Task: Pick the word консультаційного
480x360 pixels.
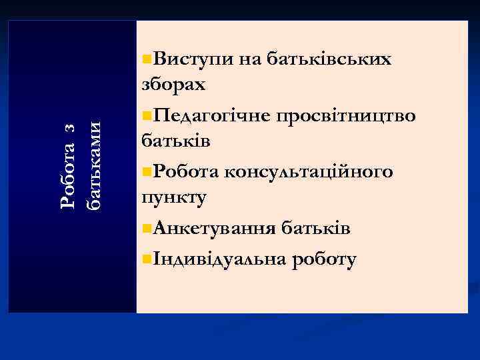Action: point(309,172)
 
